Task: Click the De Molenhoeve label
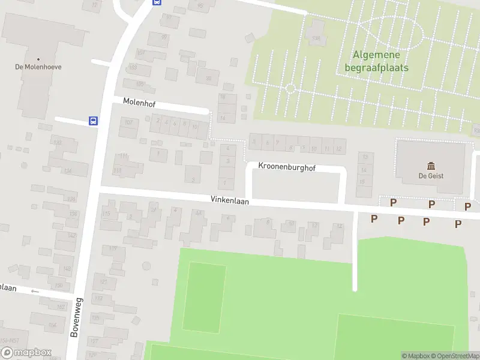[38, 67]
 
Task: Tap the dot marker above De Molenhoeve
[38, 59]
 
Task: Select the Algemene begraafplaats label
[377, 61]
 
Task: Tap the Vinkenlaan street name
[229, 201]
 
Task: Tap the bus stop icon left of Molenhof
[94, 121]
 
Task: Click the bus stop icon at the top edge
[157, 2]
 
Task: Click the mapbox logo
[26, 353]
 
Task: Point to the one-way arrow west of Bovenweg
[34, 292]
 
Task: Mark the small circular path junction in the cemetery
[290, 88]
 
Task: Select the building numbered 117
[113, 248]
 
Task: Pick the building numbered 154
[53, 325]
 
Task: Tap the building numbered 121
[104, 280]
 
